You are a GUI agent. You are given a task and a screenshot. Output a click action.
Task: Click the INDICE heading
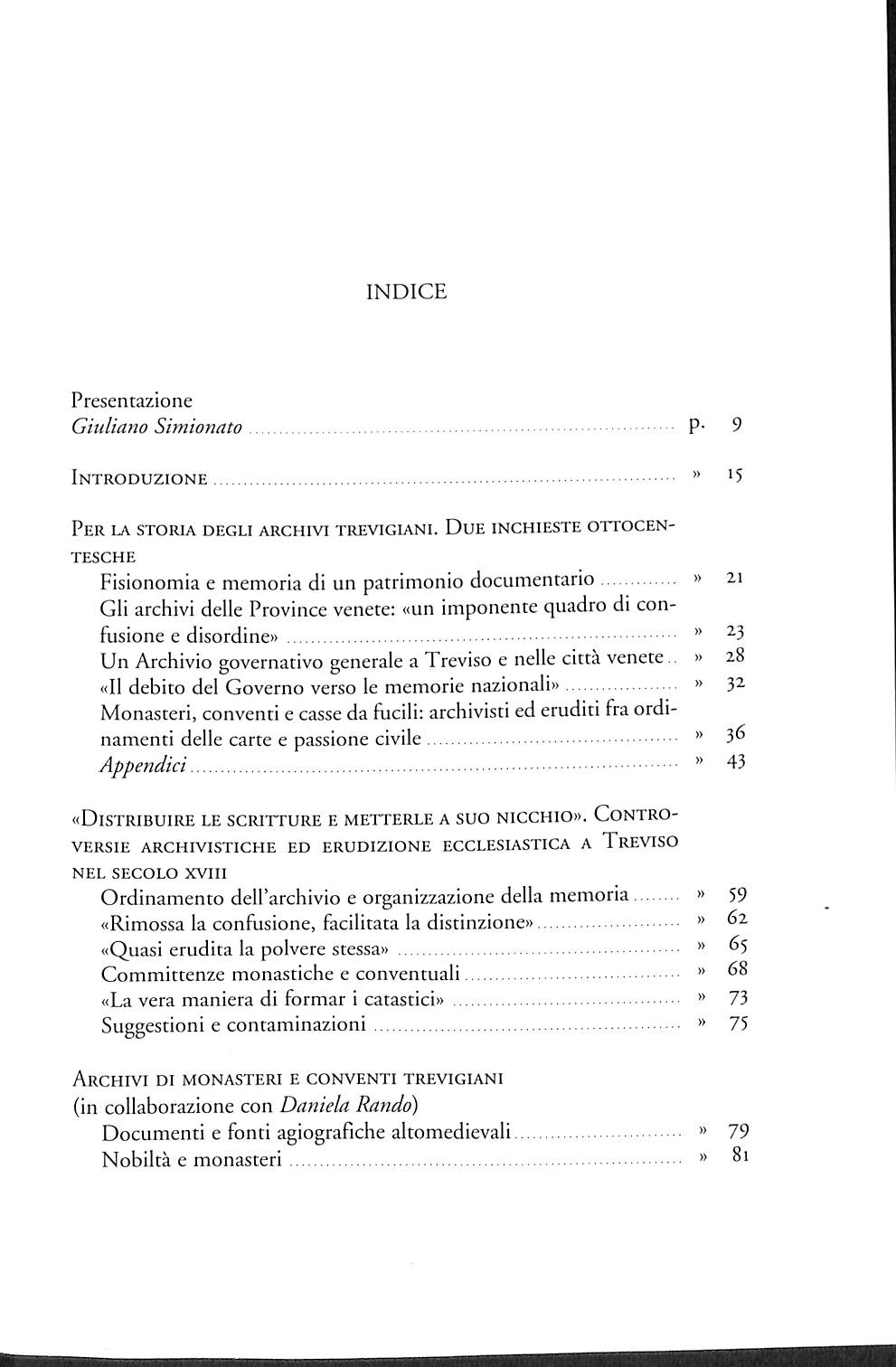pos(406,292)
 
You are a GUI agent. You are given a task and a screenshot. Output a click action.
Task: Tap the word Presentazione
pos(131,401)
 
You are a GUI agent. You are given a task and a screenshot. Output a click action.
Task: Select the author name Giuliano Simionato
pos(156,427)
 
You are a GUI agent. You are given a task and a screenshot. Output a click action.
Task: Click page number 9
pos(737,425)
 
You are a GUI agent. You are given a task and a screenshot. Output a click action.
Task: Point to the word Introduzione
pos(139,479)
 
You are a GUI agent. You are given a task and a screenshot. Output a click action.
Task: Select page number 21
pos(734,577)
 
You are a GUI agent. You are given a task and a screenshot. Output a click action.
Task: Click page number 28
pos(734,655)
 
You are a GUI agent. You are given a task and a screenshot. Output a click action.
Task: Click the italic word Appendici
pos(143,765)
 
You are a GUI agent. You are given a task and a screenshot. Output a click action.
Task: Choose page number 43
pos(735,761)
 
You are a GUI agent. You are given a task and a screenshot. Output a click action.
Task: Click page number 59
pos(737,895)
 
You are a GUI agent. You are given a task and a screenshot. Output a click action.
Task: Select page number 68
pos(737,970)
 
